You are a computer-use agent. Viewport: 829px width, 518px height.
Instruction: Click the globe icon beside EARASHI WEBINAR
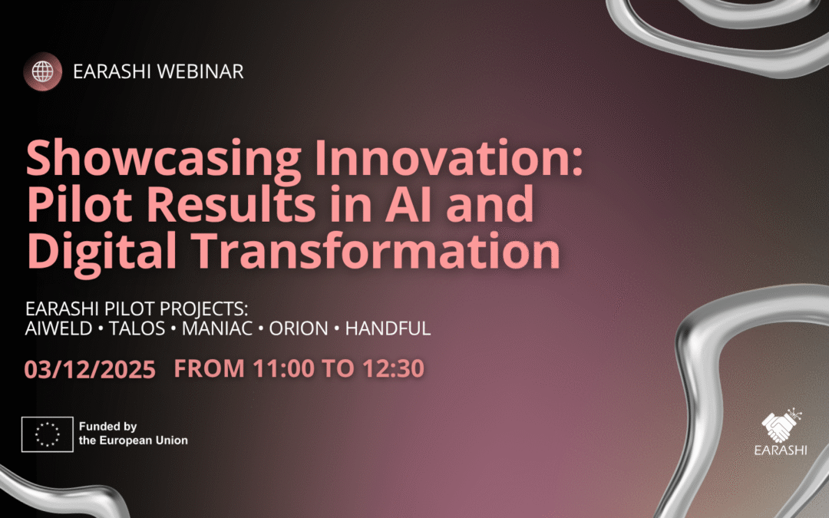click(43, 71)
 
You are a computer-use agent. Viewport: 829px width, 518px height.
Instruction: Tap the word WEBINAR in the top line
click(200, 71)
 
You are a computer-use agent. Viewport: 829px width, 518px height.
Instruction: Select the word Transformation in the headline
click(375, 250)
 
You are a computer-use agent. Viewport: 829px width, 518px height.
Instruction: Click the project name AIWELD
click(58, 328)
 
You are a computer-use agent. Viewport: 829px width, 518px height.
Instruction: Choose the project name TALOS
click(137, 328)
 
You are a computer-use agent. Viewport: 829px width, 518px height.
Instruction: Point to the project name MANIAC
click(216, 328)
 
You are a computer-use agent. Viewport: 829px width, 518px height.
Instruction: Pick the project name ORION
click(299, 328)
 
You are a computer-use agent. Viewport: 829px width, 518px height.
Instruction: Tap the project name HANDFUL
click(388, 328)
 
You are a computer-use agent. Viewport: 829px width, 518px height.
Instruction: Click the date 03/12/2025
click(90, 369)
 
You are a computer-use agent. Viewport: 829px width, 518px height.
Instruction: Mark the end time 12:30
click(393, 368)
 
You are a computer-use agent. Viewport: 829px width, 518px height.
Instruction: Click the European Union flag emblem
click(48, 434)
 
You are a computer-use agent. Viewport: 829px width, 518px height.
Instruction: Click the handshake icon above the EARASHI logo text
click(781, 425)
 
